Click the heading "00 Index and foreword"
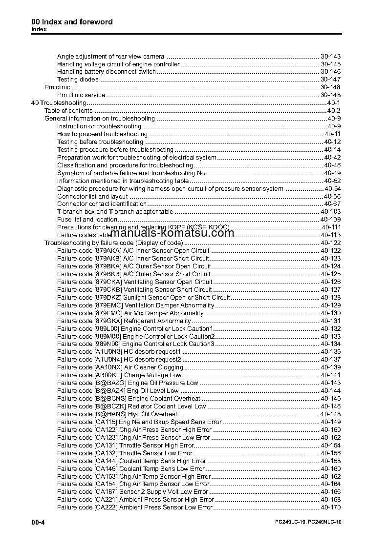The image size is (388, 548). (x=72, y=22)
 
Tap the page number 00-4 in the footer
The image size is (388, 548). (x=38, y=522)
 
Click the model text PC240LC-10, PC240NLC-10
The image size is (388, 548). (x=308, y=523)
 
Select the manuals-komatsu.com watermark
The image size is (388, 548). (x=169, y=233)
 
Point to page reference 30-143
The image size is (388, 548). (x=330, y=57)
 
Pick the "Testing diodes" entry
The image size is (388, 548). (x=78, y=80)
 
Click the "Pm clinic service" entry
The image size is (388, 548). (x=81, y=95)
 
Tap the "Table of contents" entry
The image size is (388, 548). (x=68, y=111)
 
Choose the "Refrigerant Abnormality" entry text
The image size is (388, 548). (x=157, y=321)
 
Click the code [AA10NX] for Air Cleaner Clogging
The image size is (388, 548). (x=108, y=367)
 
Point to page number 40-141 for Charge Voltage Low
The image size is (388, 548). (x=330, y=375)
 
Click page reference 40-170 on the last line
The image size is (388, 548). (x=330, y=507)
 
